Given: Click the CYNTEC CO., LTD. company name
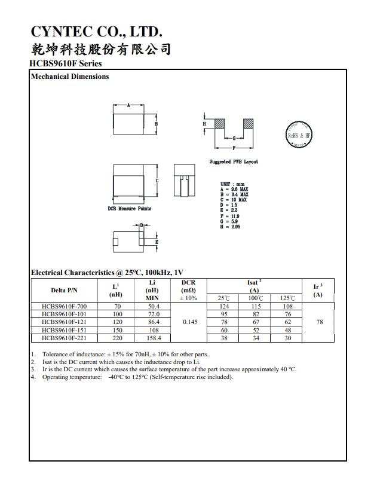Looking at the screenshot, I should click(x=96, y=32).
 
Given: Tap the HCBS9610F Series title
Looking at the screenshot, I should click(x=65, y=63).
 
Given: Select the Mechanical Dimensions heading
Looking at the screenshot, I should click(x=69, y=77).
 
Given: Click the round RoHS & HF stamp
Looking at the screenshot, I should click(x=299, y=135).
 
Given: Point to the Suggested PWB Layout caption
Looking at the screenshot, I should click(x=234, y=162).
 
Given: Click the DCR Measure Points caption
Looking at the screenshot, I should click(x=130, y=209).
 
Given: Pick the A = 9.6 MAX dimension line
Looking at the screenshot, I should click(x=234, y=189).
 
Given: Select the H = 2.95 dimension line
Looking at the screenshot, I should click(x=230, y=227).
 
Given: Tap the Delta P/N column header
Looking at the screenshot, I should click(x=64, y=291).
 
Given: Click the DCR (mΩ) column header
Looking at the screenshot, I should click(x=188, y=290).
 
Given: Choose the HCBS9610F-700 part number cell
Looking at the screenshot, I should click(x=64, y=307).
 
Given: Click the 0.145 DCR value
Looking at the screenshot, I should click(x=188, y=322).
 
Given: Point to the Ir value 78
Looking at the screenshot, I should click(x=319, y=322).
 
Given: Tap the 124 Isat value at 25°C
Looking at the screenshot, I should click(x=223, y=307).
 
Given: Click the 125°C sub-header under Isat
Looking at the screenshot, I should click(x=287, y=298).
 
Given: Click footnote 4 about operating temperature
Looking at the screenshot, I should click(x=137, y=377).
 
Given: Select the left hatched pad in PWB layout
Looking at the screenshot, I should click(x=219, y=124).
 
